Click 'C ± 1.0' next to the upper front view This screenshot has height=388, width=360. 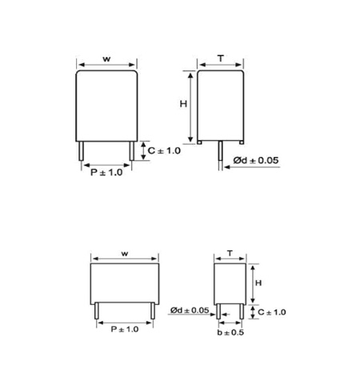(164, 150)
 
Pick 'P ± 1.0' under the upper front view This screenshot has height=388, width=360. (106, 172)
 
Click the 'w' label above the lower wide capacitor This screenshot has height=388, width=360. (125, 253)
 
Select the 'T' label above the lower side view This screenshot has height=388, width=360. (230, 253)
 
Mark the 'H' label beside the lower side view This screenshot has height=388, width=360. (259, 282)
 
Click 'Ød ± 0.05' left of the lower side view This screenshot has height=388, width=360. (190, 310)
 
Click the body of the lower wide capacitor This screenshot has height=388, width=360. (125, 282)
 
